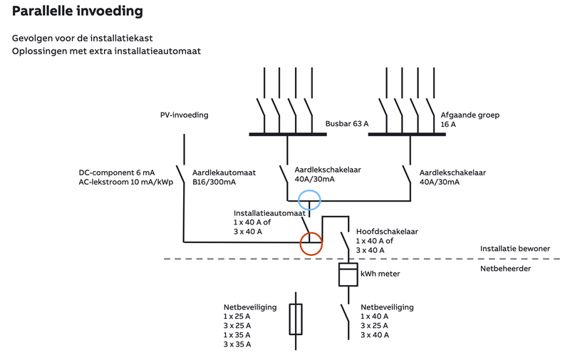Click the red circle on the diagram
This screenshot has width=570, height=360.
311,244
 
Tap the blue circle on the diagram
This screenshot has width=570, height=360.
309,200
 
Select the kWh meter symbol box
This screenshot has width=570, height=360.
347,274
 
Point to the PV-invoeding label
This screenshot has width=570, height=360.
184,115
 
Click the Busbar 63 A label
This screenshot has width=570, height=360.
347,123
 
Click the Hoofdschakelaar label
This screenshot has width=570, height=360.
387,232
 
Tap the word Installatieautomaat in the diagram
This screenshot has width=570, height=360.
269,213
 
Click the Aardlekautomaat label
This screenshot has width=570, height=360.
224,173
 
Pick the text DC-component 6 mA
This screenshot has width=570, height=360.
117,173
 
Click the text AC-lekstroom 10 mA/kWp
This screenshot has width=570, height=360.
126,182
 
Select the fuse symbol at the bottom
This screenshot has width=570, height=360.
296,319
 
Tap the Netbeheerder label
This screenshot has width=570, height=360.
504,269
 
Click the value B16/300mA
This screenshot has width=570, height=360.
214,182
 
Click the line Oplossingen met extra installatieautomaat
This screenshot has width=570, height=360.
107,51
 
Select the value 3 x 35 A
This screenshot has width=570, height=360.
237,344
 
